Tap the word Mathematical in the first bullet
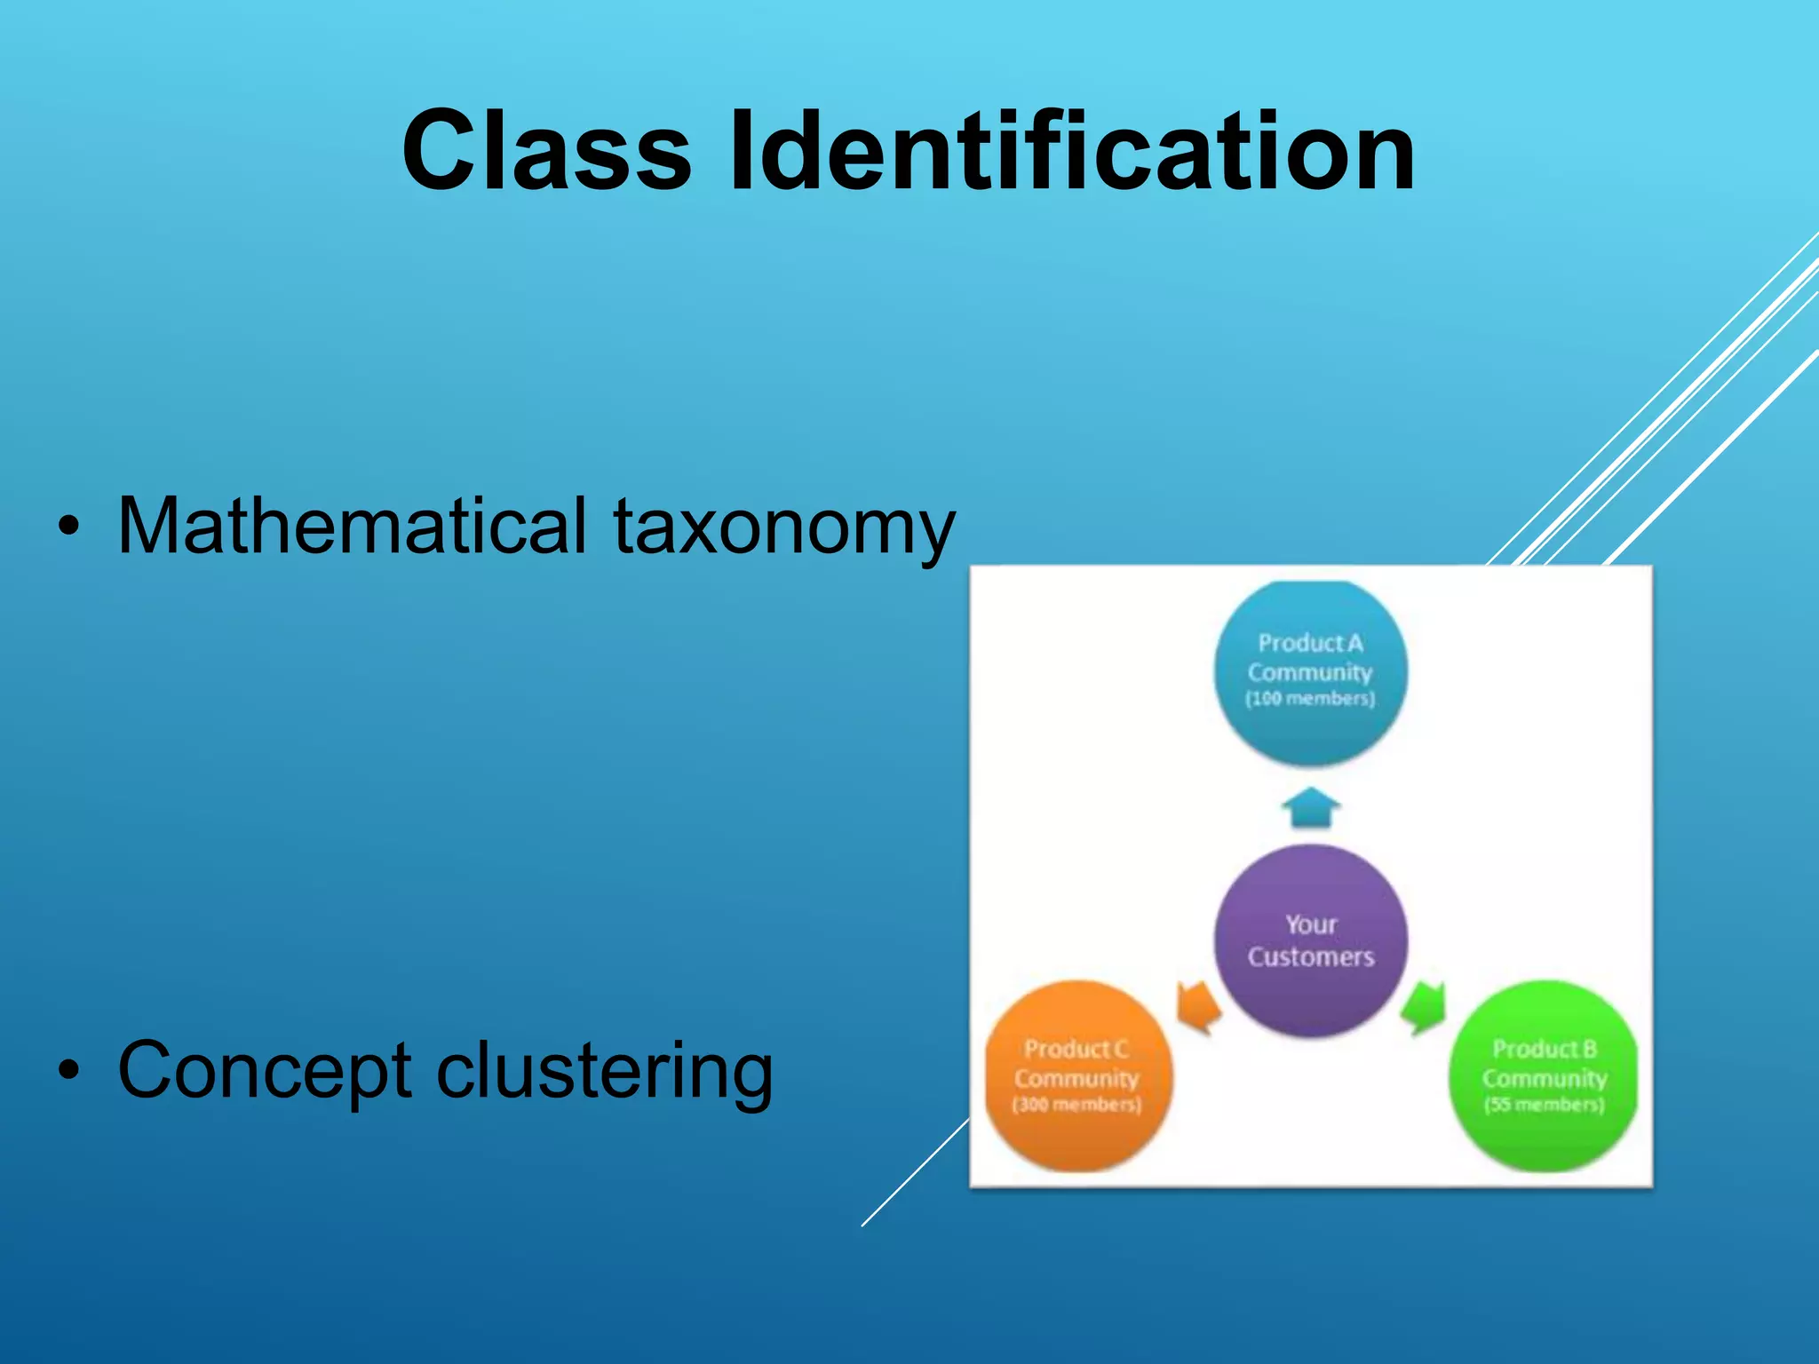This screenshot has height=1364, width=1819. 352,526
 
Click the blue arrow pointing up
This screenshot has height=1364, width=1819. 1310,806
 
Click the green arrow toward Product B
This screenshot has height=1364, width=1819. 1424,1008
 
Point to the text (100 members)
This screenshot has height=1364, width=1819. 1310,699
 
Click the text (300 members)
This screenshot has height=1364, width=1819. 1076,1105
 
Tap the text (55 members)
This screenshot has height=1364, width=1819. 1544,1105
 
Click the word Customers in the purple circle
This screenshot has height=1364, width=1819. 1310,956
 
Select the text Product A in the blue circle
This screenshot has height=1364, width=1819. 1310,642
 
